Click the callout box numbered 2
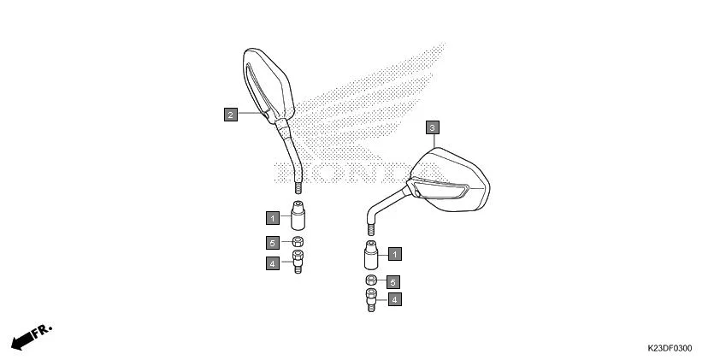tap(231, 113)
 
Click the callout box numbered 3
tap(433, 127)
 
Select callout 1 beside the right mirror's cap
tap(394, 253)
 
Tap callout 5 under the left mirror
tap(272, 243)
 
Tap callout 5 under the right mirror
tap(394, 281)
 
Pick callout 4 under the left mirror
tap(272, 263)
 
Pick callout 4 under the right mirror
tap(394, 299)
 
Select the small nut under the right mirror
tap(369, 280)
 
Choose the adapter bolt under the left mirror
tap(298, 261)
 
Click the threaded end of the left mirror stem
tap(298, 187)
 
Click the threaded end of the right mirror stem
tap(370, 227)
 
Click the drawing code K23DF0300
tap(670, 348)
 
